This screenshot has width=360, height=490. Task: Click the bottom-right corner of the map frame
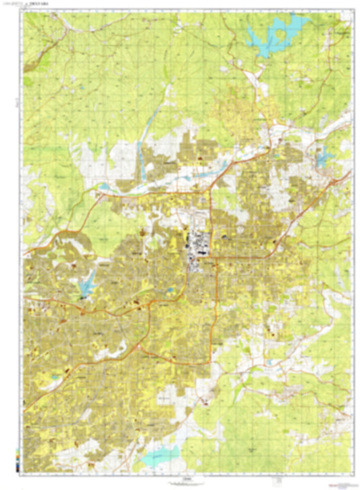coord(353,474)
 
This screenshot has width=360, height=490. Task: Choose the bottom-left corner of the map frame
coord(24,474)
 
